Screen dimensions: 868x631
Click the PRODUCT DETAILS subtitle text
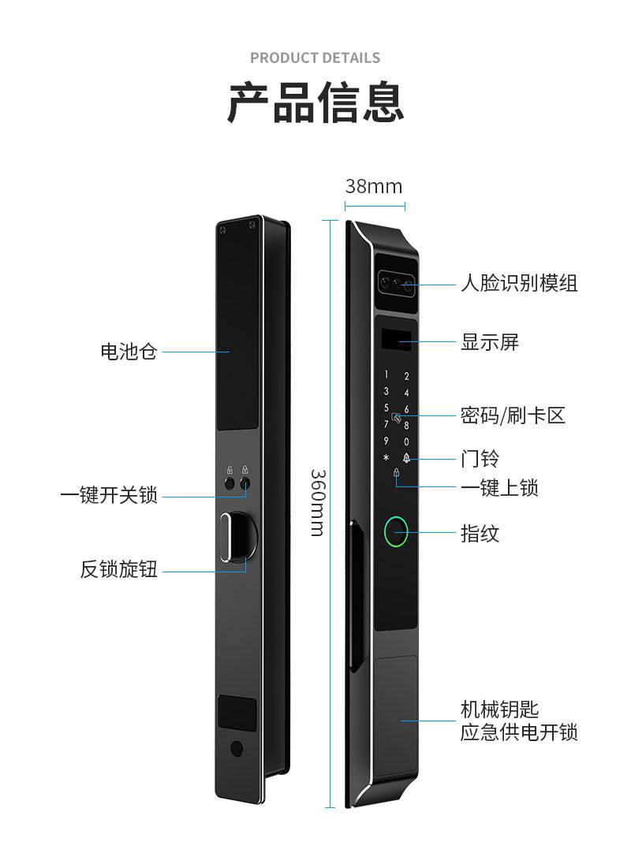315,58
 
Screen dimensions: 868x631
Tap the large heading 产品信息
315,102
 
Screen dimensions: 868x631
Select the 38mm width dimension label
374,186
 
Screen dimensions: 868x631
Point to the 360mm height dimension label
316,502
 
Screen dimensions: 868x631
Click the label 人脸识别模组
519,283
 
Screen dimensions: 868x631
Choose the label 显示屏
490,342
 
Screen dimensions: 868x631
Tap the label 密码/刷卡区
513,415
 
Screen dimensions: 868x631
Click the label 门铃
480,458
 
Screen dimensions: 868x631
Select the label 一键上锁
499,488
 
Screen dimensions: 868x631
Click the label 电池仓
129,352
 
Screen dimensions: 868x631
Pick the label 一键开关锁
109,496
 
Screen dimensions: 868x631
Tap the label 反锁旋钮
119,568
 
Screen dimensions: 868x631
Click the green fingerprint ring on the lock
396,533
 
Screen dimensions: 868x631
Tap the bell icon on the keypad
407,458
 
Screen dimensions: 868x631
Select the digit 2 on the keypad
407,376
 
